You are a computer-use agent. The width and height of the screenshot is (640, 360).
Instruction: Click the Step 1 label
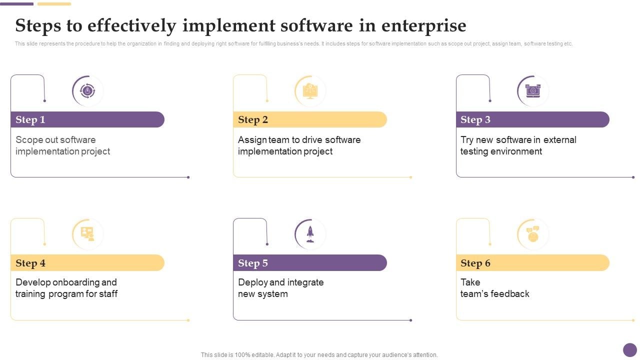coord(30,119)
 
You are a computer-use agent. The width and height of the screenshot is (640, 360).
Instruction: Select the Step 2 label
coord(253,119)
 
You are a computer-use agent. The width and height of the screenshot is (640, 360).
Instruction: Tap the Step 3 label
coord(475,119)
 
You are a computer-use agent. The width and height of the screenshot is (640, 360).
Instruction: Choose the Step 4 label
coord(30,263)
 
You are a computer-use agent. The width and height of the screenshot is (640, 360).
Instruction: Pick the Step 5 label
coord(253,263)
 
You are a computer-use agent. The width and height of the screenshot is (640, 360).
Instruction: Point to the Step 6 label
coord(475,263)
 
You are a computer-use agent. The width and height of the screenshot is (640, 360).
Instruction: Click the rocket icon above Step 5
coord(310,233)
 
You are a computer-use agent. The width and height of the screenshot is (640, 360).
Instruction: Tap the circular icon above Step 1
coord(87,91)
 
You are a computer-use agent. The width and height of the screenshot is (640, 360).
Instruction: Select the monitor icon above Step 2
coord(310,91)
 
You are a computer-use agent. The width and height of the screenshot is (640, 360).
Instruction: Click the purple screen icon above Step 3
coord(532,91)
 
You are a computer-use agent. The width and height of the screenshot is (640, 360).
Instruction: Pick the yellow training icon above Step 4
coord(87,233)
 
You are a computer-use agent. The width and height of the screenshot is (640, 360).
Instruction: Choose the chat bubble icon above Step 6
coord(532,233)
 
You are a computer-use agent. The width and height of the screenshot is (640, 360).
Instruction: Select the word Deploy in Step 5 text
coord(253,282)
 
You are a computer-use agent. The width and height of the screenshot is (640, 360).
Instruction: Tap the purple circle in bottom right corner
coord(630,350)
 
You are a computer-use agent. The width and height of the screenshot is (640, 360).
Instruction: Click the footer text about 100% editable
coord(319,355)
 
